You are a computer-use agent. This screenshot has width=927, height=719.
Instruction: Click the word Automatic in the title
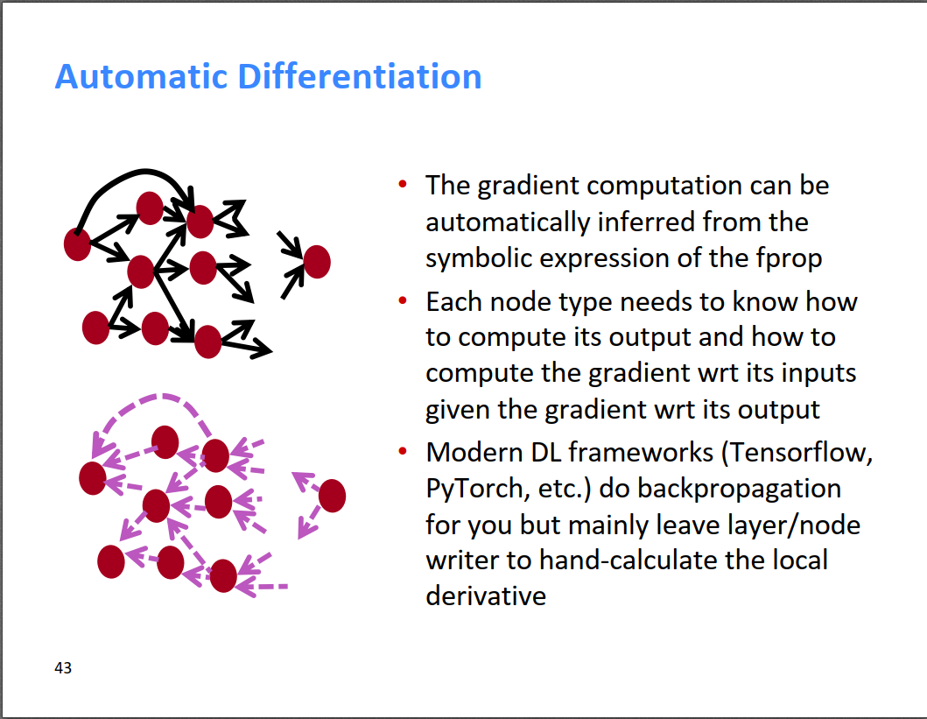coord(141,77)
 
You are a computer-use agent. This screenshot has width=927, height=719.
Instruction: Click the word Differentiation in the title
coord(360,77)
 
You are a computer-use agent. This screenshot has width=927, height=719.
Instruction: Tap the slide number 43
coord(63,667)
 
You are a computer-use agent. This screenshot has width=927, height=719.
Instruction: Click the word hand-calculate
coord(628,560)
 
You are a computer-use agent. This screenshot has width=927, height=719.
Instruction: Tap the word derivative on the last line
coord(486,596)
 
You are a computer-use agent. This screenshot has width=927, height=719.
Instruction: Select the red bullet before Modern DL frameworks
coord(403,453)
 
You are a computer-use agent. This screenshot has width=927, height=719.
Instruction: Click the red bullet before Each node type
coord(403,301)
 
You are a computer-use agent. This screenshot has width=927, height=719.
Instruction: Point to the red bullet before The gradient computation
coord(403,185)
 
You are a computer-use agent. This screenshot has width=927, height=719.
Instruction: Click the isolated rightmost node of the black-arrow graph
coord(317,262)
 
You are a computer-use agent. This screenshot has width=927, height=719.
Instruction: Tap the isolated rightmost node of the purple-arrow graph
coord(333,496)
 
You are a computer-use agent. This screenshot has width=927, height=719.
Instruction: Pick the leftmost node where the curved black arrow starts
coord(77,244)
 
